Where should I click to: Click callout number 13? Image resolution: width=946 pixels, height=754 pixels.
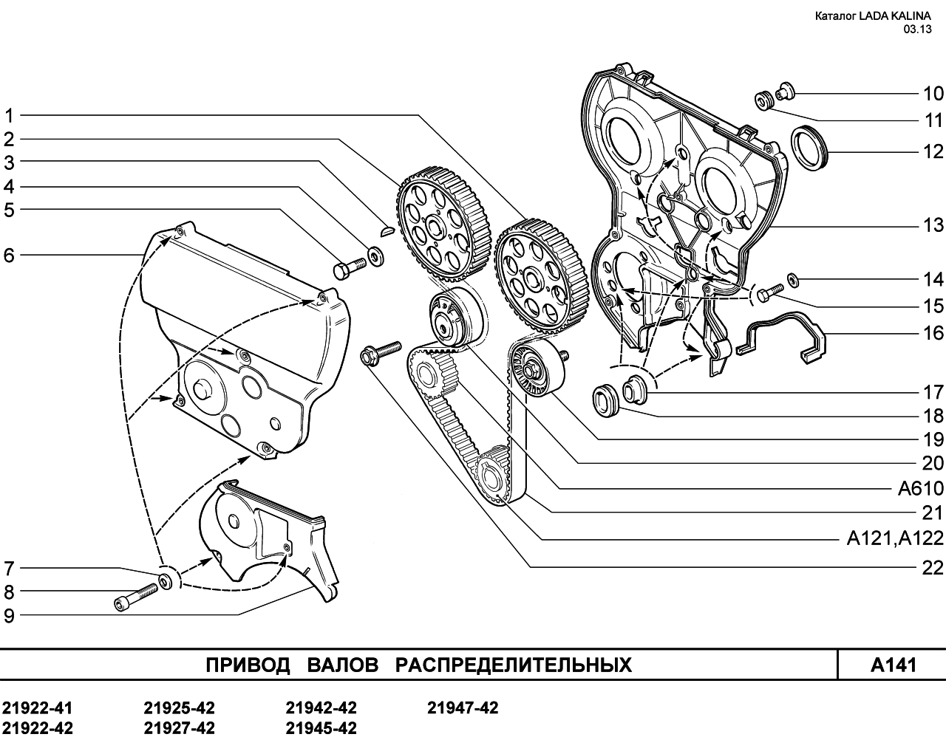pos(933,225)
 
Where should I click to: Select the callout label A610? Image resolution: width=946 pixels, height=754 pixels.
pos(921,488)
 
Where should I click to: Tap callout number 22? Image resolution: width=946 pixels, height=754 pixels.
pos(933,568)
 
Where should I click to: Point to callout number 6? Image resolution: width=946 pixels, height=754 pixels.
pos(9,256)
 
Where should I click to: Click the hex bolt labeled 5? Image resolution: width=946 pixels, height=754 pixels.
pos(350,267)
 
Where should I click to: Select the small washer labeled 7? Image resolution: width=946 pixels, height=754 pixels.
pos(166,581)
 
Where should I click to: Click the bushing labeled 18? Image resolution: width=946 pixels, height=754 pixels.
pos(606,400)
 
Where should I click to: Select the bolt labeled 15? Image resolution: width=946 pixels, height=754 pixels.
pos(770,292)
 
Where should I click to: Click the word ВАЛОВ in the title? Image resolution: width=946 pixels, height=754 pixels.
pos(343,665)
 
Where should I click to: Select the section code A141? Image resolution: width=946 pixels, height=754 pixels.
pos(894,665)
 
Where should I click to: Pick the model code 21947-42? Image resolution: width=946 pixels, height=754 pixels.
pos(463,708)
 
